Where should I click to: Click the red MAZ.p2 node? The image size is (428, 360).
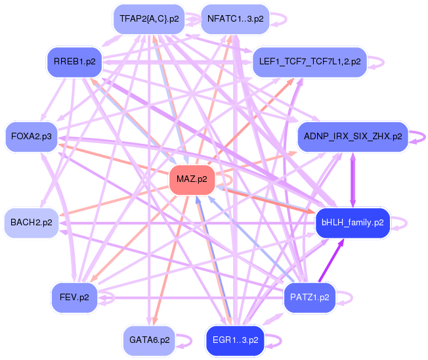point(192,179)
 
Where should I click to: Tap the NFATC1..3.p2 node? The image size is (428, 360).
point(235,18)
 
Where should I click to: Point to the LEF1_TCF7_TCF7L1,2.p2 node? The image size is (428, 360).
point(309,62)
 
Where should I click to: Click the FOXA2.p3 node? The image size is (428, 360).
point(31,136)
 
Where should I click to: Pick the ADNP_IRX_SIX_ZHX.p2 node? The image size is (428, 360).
point(353,136)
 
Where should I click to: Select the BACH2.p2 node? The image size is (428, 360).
point(31,223)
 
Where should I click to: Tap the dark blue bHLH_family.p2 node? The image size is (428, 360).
point(353,223)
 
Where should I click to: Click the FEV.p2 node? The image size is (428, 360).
point(74,298)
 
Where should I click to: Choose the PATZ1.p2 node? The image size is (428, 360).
point(310,298)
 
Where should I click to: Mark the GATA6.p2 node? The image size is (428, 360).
point(149,340)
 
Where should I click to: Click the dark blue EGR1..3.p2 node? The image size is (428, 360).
point(235,340)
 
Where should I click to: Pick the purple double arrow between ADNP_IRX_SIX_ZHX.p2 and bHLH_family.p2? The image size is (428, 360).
point(353,179)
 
